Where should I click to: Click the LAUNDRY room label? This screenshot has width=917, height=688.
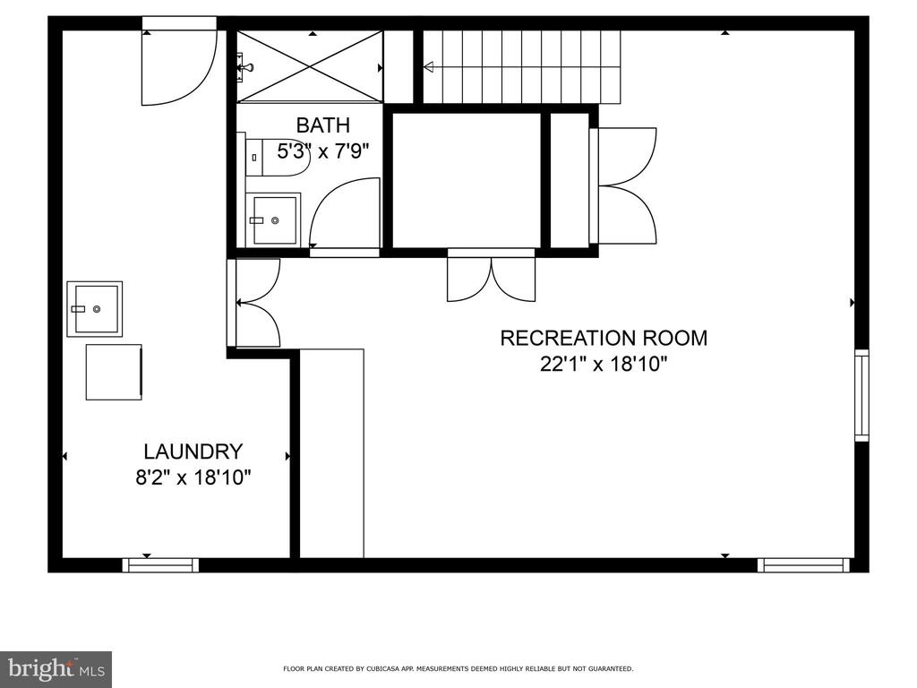(x=193, y=451)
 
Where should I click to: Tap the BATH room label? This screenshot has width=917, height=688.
(x=322, y=125)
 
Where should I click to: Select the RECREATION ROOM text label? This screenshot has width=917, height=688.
(x=604, y=338)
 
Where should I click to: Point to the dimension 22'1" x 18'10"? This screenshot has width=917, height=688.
(x=604, y=365)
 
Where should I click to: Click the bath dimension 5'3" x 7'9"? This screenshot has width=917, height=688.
(x=322, y=151)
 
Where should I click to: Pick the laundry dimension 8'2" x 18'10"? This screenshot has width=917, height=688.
(x=193, y=478)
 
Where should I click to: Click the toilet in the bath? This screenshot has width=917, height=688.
(x=274, y=156)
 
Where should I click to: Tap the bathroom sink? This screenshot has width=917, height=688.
(x=274, y=220)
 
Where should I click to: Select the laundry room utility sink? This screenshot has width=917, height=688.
(x=95, y=309)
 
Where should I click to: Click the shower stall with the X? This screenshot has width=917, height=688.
(x=310, y=67)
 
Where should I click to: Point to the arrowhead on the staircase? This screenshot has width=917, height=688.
(x=429, y=67)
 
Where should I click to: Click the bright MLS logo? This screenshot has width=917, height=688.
(x=56, y=669)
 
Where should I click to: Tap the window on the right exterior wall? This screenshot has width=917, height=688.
(x=861, y=395)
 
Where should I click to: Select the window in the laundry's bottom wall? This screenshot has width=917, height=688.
(x=160, y=565)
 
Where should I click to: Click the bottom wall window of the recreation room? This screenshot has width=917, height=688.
(x=803, y=565)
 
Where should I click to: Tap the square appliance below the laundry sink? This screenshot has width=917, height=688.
(x=114, y=372)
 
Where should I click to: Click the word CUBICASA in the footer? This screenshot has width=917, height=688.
(x=381, y=668)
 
